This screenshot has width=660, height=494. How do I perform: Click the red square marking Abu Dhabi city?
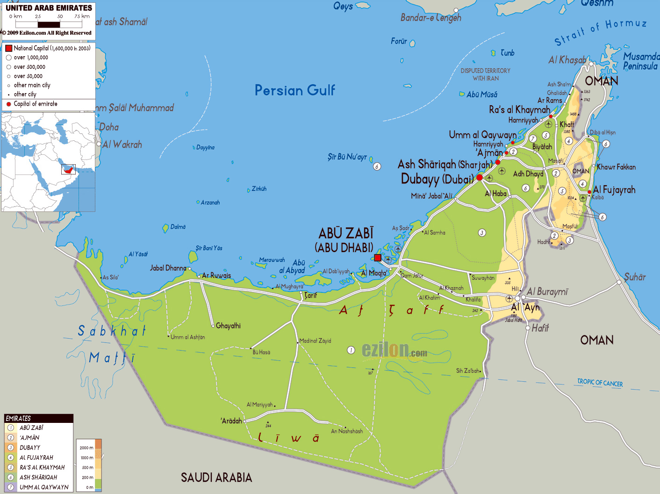378,258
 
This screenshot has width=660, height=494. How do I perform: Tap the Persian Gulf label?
294,90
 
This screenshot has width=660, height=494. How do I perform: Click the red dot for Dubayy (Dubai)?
480,178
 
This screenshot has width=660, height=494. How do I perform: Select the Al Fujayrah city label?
614,190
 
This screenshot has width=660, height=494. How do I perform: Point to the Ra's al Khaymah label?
519,110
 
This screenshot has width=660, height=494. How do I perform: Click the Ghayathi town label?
228,326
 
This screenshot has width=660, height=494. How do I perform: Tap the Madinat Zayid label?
315,341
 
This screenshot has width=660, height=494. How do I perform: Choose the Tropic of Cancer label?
600,383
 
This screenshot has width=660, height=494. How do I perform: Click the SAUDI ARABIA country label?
216,478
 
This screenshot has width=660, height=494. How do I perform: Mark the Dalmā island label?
178,227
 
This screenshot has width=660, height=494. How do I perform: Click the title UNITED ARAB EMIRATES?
49,8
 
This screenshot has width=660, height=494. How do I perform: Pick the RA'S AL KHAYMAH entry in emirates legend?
42,467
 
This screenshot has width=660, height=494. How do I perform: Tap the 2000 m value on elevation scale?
86,448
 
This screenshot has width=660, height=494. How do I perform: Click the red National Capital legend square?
8,48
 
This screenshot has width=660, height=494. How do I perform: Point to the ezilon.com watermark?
394,350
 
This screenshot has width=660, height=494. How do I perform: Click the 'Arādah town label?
231,421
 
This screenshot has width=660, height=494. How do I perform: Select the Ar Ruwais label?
216,276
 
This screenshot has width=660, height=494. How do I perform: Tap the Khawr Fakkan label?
616,167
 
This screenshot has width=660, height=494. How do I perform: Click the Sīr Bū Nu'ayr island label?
347,157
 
